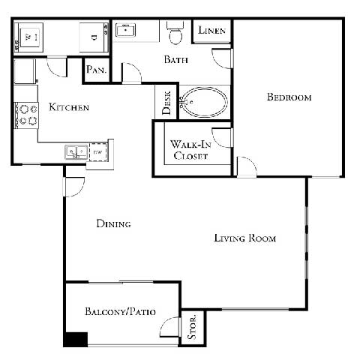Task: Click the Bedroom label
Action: pyautogui.click(x=289, y=97)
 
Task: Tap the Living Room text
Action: pyautogui.click(x=244, y=238)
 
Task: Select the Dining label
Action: pyautogui.click(x=114, y=223)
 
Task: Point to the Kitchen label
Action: pyautogui.click(x=69, y=108)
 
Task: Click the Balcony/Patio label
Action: pyautogui.click(x=120, y=311)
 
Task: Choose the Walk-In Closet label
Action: pyautogui.click(x=190, y=150)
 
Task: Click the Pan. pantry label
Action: pyautogui.click(x=96, y=70)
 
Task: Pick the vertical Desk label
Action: pyautogui.click(x=166, y=103)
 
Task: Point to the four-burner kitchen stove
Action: pyautogui.click(x=27, y=113)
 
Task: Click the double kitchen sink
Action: pyautogui.click(x=75, y=151)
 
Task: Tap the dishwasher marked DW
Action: pyautogui.click(x=97, y=151)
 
